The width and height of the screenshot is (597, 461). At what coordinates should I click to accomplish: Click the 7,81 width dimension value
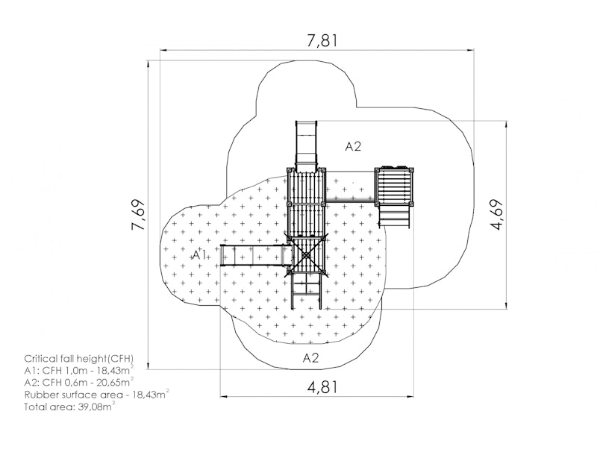(322, 41)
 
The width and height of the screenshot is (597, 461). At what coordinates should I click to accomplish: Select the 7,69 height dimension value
(138, 215)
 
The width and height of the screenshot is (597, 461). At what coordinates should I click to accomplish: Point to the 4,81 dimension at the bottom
(322, 387)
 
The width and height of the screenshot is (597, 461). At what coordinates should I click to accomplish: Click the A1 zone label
(199, 254)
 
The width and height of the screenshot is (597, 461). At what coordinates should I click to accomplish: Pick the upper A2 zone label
(353, 146)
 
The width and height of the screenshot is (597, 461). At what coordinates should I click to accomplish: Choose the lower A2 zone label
(310, 357)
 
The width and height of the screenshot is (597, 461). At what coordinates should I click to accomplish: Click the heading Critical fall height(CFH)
(79, 359)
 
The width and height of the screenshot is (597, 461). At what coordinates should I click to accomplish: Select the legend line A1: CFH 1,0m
(79, 371)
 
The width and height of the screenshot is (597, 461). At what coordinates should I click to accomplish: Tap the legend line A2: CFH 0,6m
(79, 382)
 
